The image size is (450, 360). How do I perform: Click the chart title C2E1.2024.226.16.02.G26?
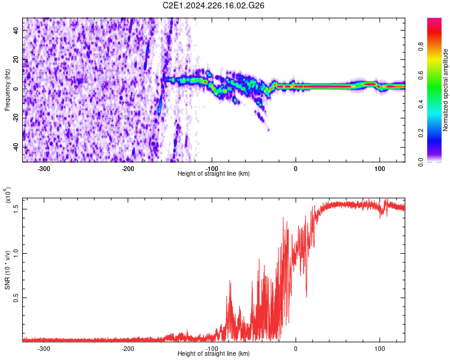click(214, 5)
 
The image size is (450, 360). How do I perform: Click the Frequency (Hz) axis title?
click(7, 90)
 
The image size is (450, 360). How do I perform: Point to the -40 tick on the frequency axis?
click(16, 147)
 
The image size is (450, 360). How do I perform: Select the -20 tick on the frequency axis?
click(16, 118)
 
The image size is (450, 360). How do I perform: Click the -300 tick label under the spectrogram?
click(44, 169)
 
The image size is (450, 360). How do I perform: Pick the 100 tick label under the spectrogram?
click(379, 169)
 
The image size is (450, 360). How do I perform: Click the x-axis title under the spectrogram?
click(214, 174)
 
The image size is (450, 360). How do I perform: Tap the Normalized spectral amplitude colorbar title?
click(445, 90)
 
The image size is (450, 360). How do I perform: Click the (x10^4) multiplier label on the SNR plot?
click(8, 196)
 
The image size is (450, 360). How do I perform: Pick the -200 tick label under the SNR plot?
click(128, 349)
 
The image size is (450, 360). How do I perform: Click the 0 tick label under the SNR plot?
click(295, 349)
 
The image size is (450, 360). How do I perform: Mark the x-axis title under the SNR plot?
click(214, 354)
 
